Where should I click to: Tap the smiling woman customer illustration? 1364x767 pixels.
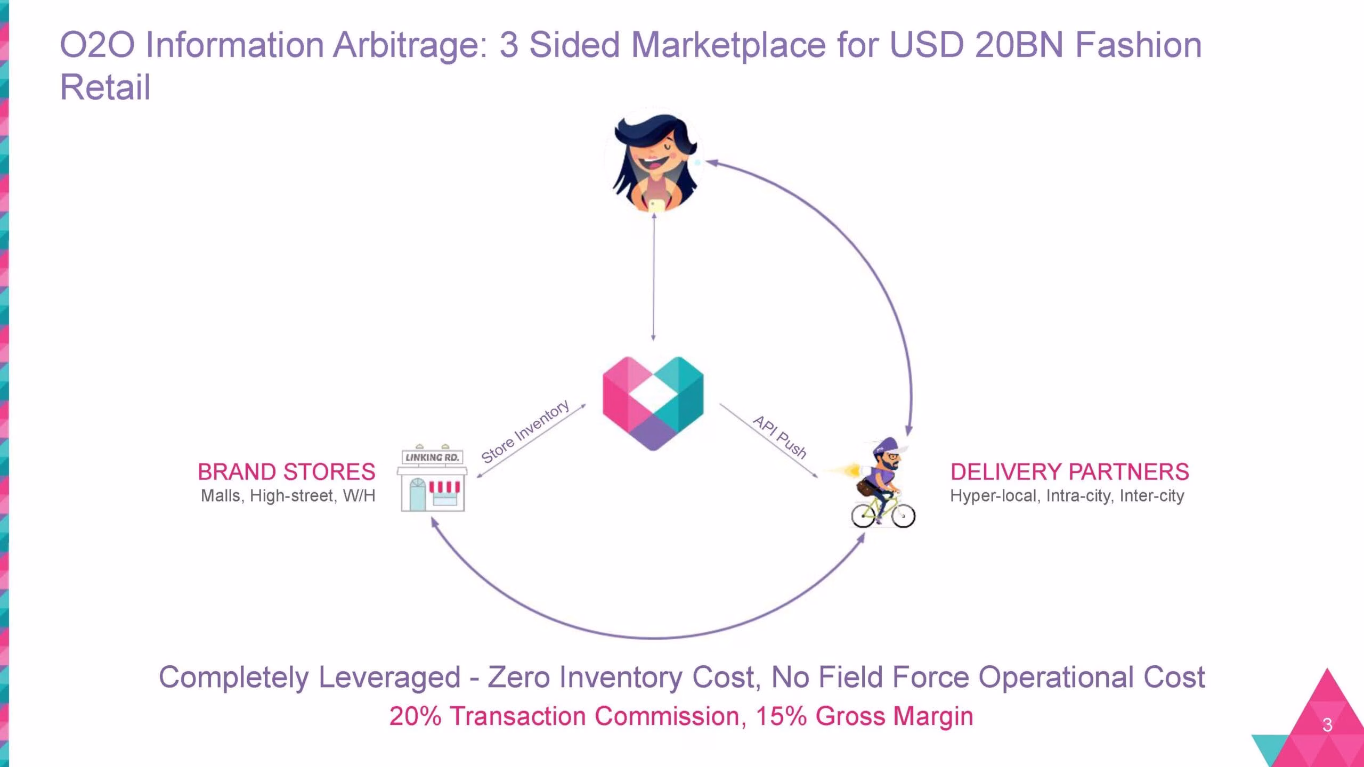tap(655, 163)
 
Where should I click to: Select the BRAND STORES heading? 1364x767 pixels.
tap(287, 472)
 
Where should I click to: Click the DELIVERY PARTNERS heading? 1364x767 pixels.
tap(1070, 472)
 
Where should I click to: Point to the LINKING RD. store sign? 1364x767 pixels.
tap(432, 458)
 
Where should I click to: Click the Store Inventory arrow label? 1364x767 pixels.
tap(525, 431)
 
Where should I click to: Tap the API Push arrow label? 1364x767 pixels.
tap(780, 437)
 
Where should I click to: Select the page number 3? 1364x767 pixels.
tap(1327, 725)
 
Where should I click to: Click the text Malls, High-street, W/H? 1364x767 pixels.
tap(288, 496)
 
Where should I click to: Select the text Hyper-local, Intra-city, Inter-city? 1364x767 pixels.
tap(1067, 496)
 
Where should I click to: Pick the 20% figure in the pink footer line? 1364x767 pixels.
tap(416, 716)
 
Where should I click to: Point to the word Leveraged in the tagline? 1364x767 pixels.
tap(389, 678)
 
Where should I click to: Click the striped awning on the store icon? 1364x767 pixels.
tap(444, 487)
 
